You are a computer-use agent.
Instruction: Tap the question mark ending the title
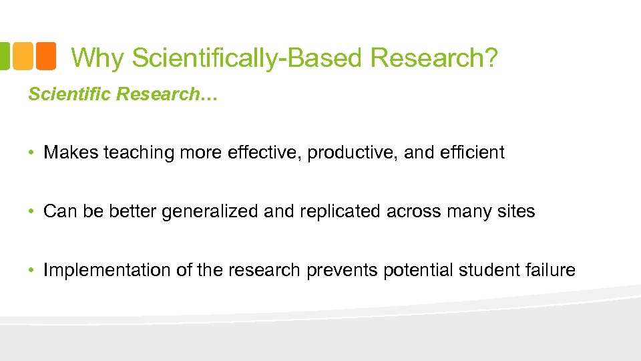tap(491, 58)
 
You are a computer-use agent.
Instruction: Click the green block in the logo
tap(4, 56)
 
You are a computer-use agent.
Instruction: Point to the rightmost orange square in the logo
tap(45, 56)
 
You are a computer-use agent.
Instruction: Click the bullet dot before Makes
tap(31, 153)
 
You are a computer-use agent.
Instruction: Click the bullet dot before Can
tap(31, 212)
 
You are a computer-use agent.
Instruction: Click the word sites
tap(515, 211)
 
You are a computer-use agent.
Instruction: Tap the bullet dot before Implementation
tap(31, 271)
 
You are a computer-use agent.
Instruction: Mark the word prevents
tap(343, 271)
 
